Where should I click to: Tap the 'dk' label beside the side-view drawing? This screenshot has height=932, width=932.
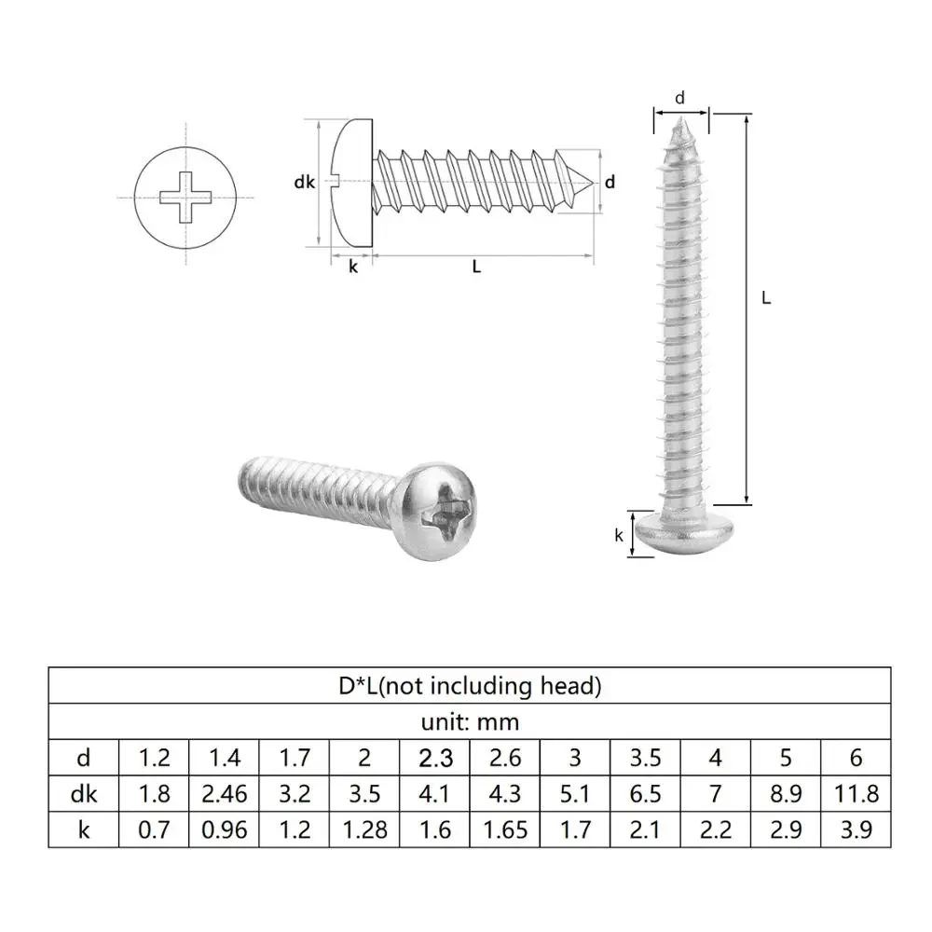click(304, 184)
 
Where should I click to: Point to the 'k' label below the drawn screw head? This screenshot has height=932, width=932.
click(352, 267)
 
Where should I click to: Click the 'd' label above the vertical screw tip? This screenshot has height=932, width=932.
click(680, 98)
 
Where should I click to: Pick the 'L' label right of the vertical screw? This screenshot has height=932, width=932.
click(766, 298)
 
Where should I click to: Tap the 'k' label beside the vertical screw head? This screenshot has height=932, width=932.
click(618, 535)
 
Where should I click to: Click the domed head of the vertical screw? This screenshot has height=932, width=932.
click(681, 532)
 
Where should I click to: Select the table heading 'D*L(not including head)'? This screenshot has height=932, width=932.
click(470, 687)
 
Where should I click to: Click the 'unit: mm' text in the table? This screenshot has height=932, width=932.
click(470, 721)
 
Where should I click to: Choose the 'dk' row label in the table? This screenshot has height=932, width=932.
click(84, 793)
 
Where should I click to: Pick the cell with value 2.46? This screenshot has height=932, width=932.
click(224, 793)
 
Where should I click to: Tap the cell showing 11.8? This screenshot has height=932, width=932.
click(856, 793)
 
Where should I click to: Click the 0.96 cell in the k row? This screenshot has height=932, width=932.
click(224, 829)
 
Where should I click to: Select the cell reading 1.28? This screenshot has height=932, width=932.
click(364, 829)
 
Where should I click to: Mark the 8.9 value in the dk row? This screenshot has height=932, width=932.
click(786, 793)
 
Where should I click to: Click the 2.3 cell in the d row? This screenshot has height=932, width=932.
click(435, 758)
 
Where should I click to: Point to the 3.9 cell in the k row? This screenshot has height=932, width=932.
click(856, 829)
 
